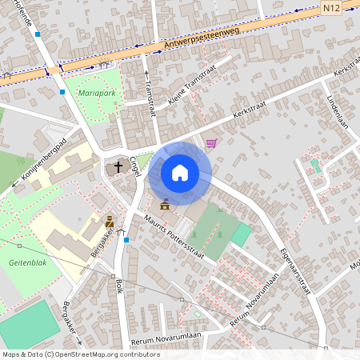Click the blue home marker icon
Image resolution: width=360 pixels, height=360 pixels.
click(x=180, y=173)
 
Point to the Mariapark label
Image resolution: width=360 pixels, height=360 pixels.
click(x=97, y=93)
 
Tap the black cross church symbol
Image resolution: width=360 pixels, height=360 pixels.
click(x=118, y=167)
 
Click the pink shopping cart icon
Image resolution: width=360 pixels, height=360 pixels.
click(x=211, y=143)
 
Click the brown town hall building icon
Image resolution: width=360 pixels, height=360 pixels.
click(x=165, y=205)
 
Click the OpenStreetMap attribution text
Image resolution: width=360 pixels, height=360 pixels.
click(x=70, y=354)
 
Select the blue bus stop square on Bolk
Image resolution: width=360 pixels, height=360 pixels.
click(x=126, y=239)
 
